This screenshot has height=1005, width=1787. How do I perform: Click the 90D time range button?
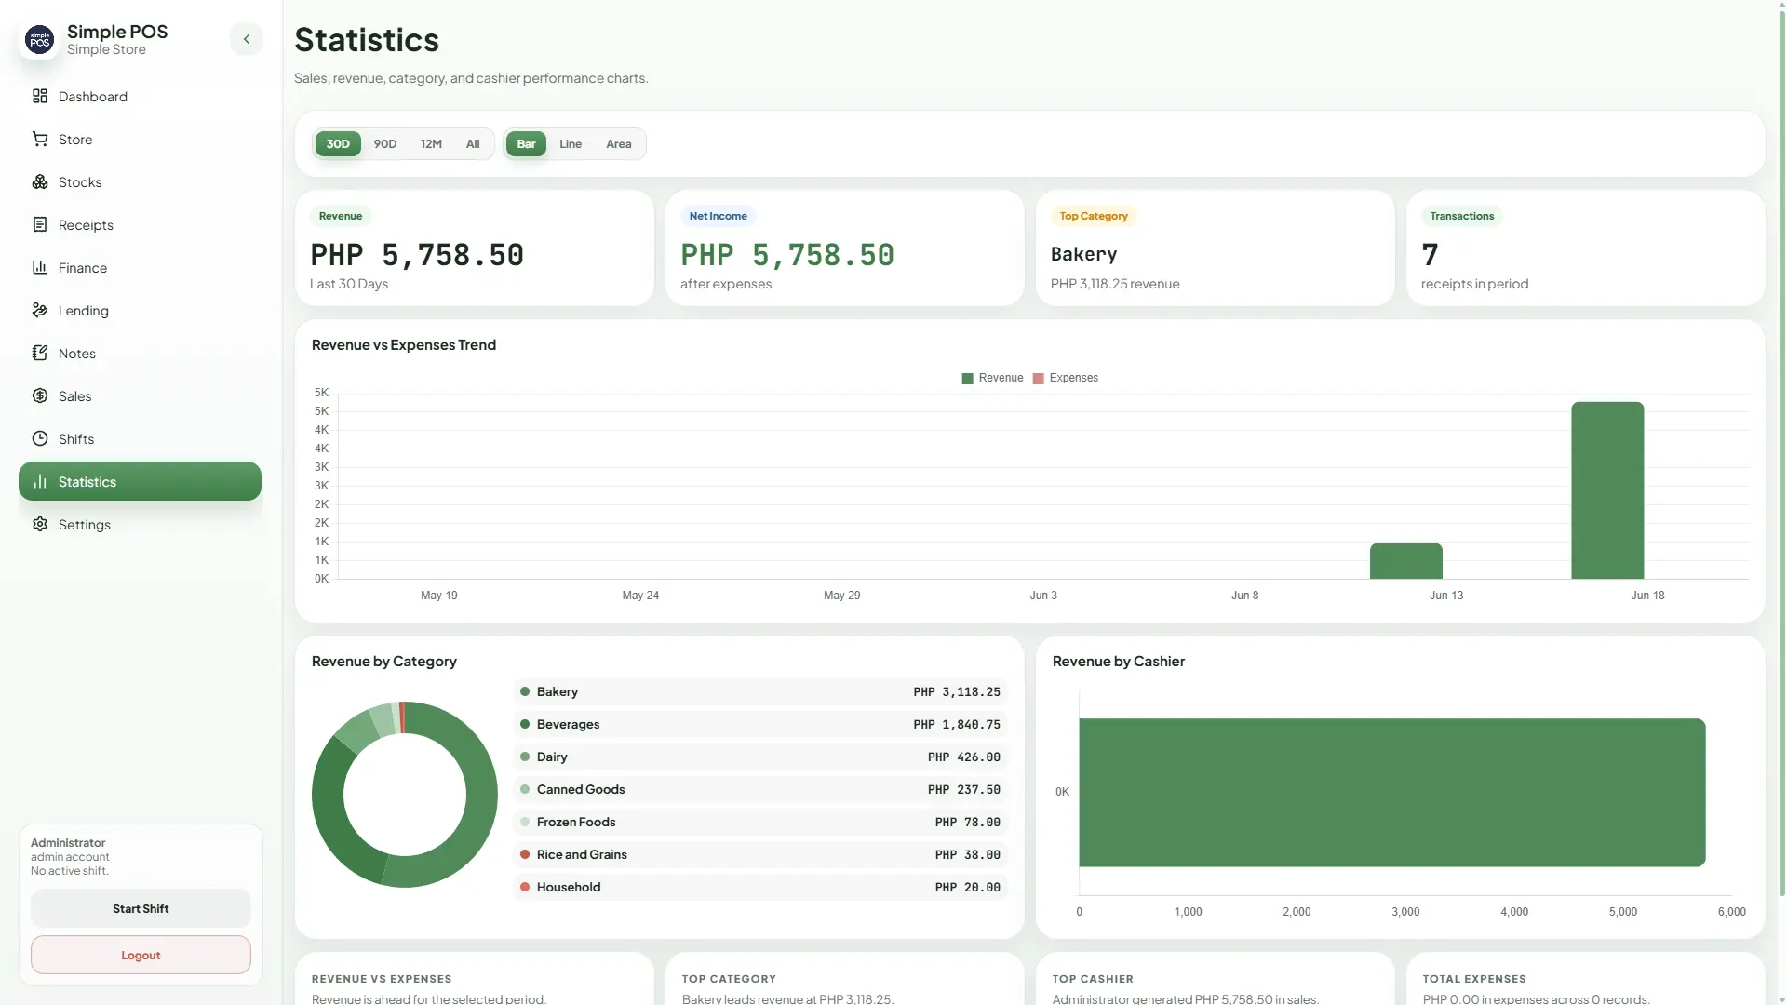point(384,144)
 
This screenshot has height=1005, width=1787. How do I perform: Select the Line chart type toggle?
point(570,144)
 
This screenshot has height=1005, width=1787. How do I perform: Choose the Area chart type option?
point(618,144)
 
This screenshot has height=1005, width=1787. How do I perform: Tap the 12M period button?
point(431,144)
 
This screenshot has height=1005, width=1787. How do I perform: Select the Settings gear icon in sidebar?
point(40,524)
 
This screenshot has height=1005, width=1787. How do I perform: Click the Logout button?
point(141,955)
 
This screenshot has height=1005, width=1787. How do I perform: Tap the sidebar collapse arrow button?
point(247,39)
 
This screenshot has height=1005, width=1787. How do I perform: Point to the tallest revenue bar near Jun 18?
point(1607,490)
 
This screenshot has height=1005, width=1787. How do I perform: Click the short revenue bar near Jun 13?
point(1405,561)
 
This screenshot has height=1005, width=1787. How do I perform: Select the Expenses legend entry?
point(1066,378)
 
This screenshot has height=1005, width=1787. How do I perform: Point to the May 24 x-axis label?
point(640,596)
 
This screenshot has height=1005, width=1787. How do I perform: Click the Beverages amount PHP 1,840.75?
point(957,725)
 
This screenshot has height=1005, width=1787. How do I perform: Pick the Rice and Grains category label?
point(582,854)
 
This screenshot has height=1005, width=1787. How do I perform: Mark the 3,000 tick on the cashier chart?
point(1405,912)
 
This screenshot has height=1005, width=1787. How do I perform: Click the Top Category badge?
point(1094,216)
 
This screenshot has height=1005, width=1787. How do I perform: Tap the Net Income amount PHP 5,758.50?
point(787,255)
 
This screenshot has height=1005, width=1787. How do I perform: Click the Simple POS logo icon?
point(40,40)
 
